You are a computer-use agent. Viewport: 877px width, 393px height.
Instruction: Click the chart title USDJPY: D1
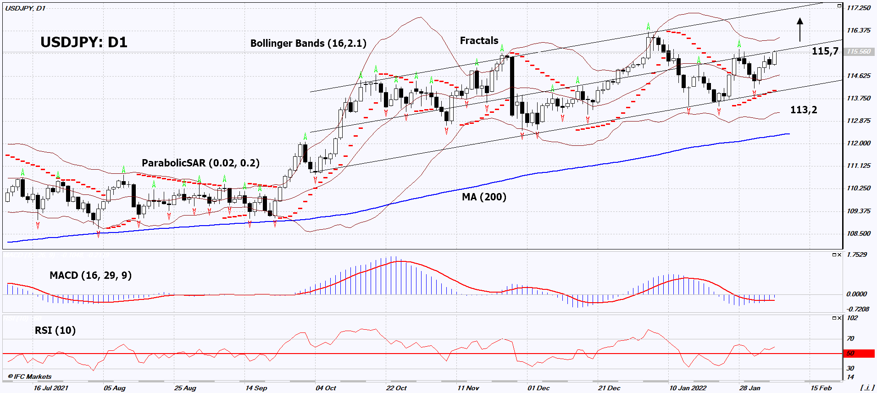[x=84, y=42]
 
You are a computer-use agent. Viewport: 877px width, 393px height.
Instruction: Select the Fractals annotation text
[x=479, y=41]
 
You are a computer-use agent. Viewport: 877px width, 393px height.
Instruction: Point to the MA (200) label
[x=484, y=197]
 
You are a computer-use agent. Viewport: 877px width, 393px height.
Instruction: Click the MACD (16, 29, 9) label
[x=90, y=275]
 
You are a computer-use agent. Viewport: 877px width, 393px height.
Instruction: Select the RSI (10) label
[x=55, y=330]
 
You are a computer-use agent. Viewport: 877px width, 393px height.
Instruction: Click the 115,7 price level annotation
[x=825, y=51]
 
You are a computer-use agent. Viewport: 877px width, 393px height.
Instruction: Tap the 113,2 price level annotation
[x=803, y=110]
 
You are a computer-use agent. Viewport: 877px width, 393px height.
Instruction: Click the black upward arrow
[x=800, y=29]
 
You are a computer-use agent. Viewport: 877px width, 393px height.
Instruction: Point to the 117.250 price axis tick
[x=858, y=8]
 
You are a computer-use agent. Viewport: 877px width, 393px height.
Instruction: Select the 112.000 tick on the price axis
[x=858, y=143]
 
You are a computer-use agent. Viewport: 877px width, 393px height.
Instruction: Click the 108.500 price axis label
[x=858, y=233]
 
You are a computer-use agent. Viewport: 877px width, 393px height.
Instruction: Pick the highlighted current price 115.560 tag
[x=858, y=52]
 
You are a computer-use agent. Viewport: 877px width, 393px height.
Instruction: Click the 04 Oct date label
[x=326, y=388]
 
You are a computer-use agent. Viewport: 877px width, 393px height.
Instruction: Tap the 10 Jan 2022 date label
[x=688, y=388]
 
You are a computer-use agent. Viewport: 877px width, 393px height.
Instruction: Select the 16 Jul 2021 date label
[x=51, y=388]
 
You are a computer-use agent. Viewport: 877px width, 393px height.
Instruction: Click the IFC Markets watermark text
[x=30, y=376]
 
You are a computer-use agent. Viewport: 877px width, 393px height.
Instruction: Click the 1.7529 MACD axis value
[x=856, y=255]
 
